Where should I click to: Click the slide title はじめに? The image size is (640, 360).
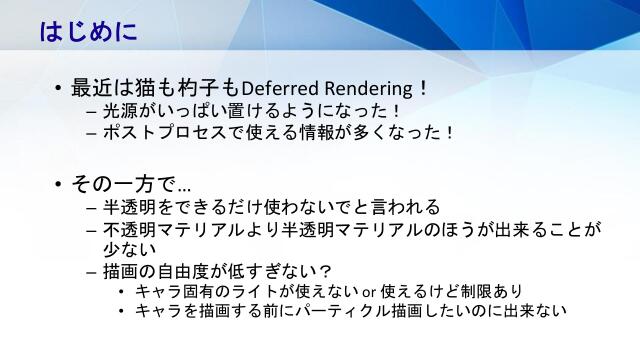(88, 31)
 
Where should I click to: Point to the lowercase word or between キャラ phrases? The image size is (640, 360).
(368, 292)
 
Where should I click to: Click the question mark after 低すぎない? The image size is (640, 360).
(326, 271)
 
